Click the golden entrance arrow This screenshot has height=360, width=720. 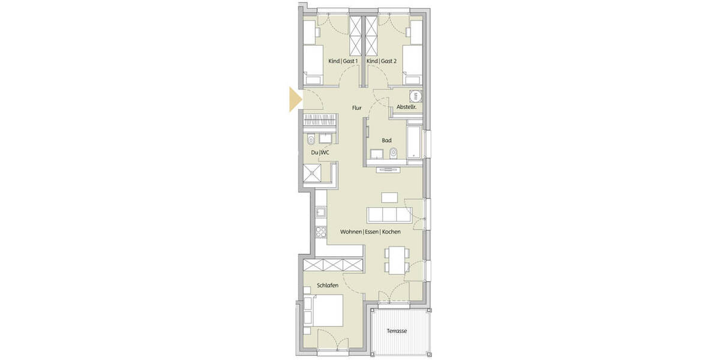[294, 100]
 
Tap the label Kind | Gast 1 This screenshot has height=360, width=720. [343, 61]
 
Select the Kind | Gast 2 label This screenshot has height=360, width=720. [382, 61]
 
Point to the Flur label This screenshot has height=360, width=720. [356, 108]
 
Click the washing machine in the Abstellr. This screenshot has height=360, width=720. [414, 96]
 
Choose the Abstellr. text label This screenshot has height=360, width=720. [406, 107]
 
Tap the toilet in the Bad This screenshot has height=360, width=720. [394, 153]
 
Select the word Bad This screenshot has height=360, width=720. [387, 140]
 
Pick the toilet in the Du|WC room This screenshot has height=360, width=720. [310, 140]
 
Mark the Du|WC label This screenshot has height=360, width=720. [320, 152]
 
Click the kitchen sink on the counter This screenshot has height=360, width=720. [320, 211]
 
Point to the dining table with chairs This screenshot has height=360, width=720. [394, 259]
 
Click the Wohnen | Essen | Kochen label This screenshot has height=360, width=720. [370, 232]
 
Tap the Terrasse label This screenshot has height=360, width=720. [397, 331]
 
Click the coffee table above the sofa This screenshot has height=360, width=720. [390, 197]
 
